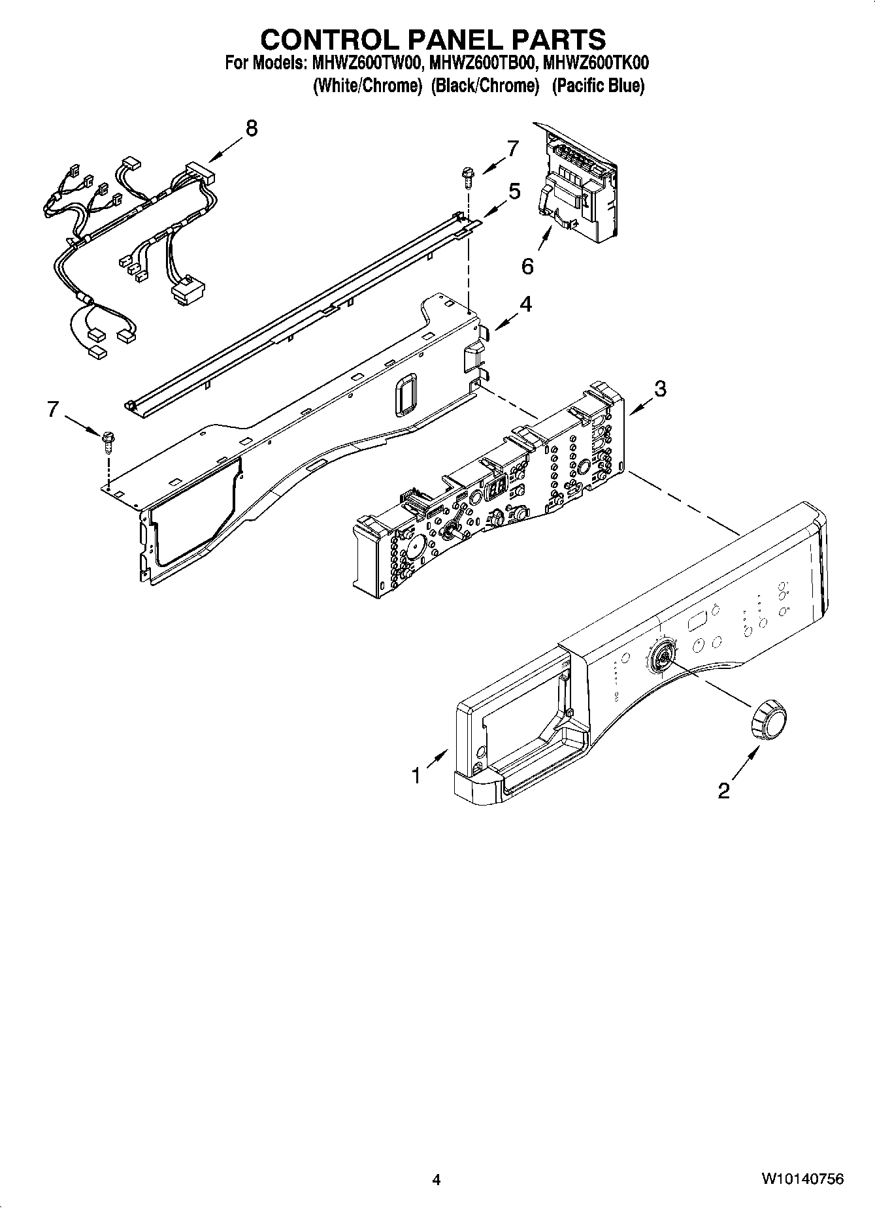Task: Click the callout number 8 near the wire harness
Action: (251, 128)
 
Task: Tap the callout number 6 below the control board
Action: (528, 266)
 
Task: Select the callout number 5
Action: (514, 191)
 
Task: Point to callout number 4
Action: (526, 304)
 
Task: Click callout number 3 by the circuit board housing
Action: (660, 389)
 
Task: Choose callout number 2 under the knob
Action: (723, 791)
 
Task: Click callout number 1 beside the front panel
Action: (416, 775)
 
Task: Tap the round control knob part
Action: (768, 719)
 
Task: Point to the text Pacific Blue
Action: (598, 86)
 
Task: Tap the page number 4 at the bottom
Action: (437, 1180)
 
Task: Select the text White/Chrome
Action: (367, 86)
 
